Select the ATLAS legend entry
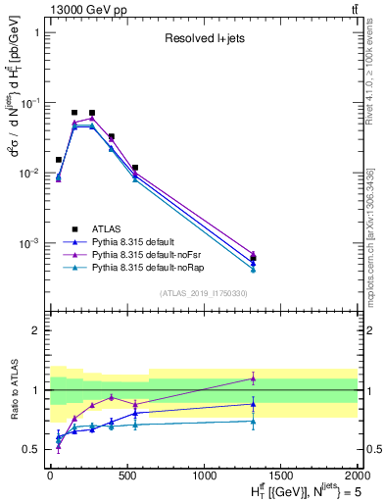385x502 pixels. [117, 228]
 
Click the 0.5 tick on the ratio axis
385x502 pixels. [31, 449]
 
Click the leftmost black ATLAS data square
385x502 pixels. [59, 159]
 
